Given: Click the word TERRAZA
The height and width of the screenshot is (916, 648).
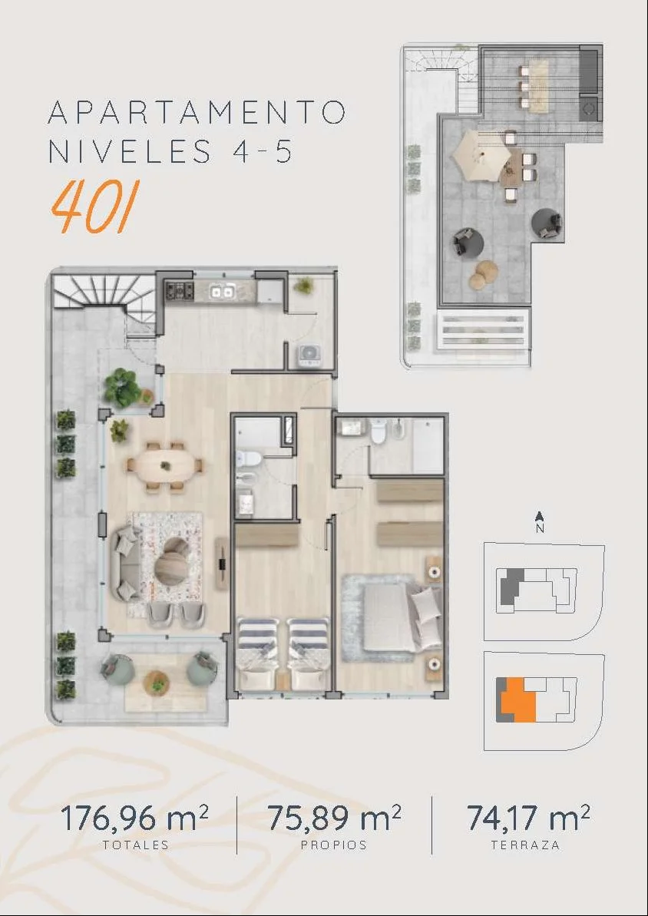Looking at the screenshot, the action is [525, 845].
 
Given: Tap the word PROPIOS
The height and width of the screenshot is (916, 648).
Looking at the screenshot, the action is [334, 845].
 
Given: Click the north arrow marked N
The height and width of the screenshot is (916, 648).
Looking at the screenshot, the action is [541, 521].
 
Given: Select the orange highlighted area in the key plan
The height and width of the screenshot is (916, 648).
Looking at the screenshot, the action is [517, 699].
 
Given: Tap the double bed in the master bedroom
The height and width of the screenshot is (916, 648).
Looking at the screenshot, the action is [392, 617].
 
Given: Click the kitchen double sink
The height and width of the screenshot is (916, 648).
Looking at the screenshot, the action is [223, 290].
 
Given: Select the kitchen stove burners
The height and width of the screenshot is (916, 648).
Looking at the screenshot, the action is [180, 290].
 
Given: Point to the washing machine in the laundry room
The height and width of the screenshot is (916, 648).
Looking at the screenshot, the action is [309, 355].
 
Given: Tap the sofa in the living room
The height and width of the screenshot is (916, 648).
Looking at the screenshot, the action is [126, 563].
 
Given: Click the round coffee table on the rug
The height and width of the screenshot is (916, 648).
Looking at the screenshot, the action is [172, 561].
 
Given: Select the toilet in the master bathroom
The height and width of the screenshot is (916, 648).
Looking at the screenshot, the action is [378, 431].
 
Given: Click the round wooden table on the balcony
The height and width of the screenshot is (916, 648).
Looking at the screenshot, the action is [156, 682].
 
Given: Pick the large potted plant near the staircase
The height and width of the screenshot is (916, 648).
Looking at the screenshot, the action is [122, 387].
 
